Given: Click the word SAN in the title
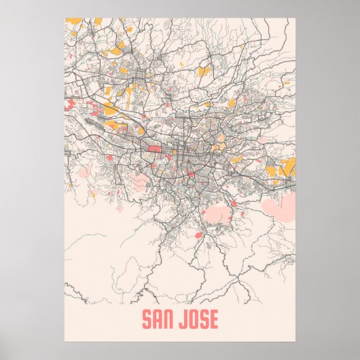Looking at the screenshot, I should click(157, 319).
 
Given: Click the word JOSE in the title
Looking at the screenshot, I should click(200, 319).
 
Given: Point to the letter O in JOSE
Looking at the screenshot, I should click(195, 319).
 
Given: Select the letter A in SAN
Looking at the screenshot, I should click(157, 319).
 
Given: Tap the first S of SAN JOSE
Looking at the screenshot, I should click(146, 319).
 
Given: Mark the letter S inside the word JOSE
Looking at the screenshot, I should click(205, 319).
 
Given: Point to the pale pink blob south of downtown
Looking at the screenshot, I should click(221, 215).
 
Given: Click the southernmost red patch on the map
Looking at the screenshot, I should click(198, 234).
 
